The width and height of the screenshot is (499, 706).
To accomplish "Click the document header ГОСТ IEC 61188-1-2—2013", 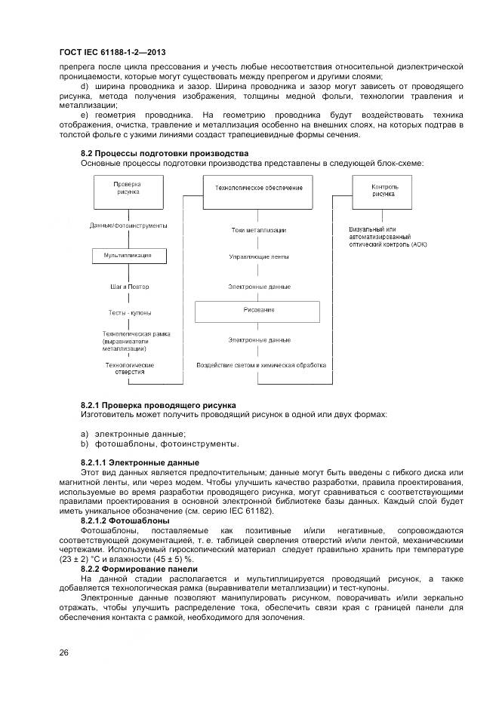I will (112, 52).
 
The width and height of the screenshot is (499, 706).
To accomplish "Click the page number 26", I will (64, 652).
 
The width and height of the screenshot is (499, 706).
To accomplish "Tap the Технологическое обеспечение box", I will (259, 187).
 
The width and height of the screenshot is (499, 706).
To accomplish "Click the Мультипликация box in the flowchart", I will (128, 256).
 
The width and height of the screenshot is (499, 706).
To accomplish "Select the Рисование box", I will (259, 310).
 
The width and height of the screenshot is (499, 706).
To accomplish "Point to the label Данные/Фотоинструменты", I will (128, 226).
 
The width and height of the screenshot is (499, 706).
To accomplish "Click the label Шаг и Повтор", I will (128, 287).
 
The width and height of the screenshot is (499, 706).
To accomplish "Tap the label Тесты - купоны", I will (128, 312).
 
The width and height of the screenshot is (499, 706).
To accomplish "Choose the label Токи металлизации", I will (259, 230).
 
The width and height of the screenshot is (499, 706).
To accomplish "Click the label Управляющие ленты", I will (259, 257).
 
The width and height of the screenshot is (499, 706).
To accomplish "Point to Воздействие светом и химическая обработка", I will (261, 365).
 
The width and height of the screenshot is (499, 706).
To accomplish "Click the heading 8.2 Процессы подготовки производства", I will (164, 153).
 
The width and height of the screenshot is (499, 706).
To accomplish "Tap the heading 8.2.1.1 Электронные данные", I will (140, 462).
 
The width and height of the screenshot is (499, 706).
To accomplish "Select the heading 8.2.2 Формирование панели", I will (139, 569).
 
